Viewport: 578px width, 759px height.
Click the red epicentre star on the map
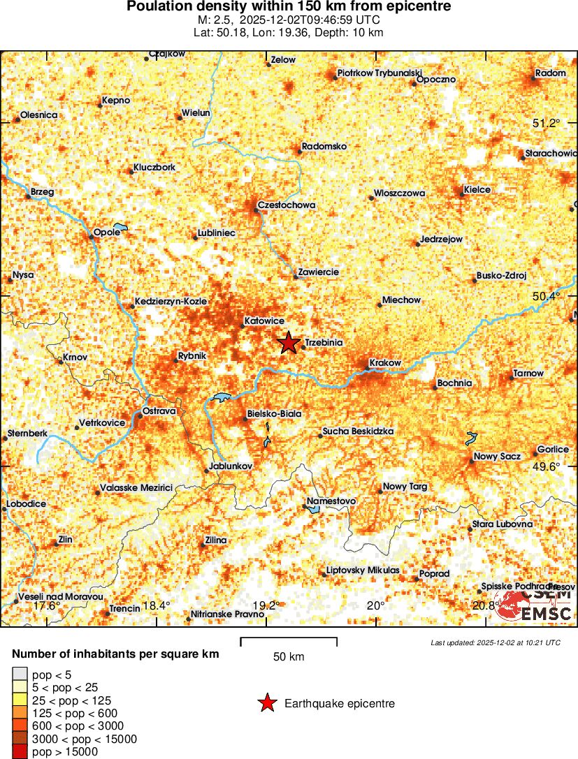[x=288, y=343]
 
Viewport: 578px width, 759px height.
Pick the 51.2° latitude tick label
[x=547, y=123]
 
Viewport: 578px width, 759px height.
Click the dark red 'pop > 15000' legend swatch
[x=20, y=752]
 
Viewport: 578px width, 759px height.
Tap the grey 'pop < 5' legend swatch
[x=20, y=675]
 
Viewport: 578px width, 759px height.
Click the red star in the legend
[x=267, y=704]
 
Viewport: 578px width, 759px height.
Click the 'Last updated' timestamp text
[x=496, y=642]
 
